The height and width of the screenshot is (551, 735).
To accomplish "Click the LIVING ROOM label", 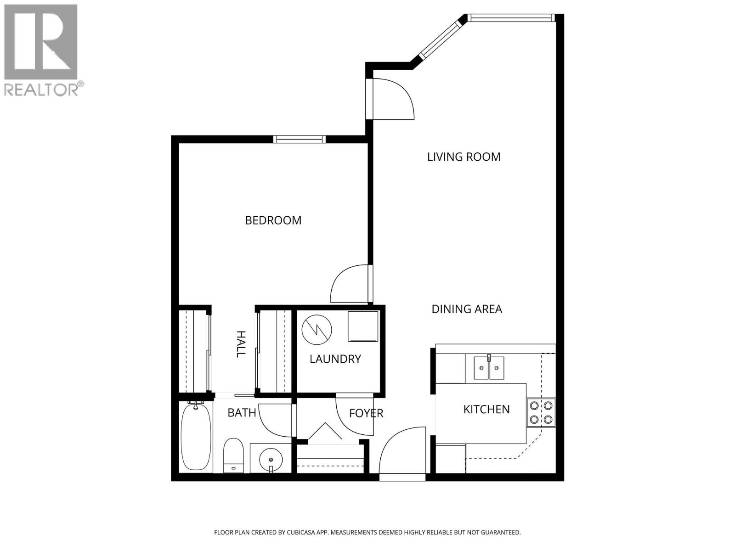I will (x=464, y=157).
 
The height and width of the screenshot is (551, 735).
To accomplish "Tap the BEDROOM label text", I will (x=273, y=220).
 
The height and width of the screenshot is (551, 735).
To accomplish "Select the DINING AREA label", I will (x=467, y=309).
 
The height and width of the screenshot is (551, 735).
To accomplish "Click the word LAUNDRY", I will (x=335, y=359).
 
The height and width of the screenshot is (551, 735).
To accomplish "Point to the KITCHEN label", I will (x=486, y=409).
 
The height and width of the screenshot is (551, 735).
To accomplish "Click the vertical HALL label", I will (x=240, y=344).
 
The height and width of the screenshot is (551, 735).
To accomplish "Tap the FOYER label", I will (x=366, y=413).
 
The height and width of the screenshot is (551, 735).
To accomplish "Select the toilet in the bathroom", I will (x=233, y=455).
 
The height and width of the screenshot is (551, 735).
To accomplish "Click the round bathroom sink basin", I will (x=271, y=459).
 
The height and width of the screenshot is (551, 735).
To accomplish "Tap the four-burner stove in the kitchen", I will (x=541, y=412).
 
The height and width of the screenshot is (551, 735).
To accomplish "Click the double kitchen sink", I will (x=489, y=368).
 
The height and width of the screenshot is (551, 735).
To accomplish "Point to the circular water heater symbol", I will (x=317, y=329).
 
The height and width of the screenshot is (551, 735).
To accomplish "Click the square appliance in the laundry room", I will (x=362, y=326).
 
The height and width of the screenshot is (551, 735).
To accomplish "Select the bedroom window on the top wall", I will (x=299, y=139).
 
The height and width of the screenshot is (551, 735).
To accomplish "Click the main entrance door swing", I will (x=401, y=452).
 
